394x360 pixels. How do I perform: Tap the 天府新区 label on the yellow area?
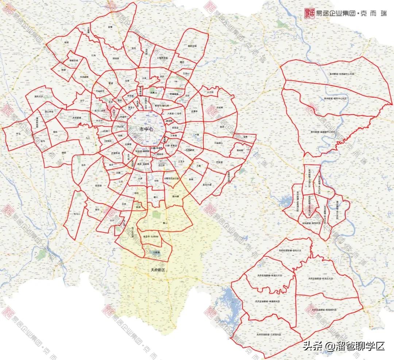click(x=158, y=271)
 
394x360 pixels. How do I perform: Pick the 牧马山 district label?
click(x=77, y=214)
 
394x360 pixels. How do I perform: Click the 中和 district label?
click(x=156, y=181)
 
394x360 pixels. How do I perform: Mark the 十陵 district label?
click(x=197, y=135)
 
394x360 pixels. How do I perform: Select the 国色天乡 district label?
click(x=39, y=97)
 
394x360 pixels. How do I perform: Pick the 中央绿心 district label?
click(x=219, y=143)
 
